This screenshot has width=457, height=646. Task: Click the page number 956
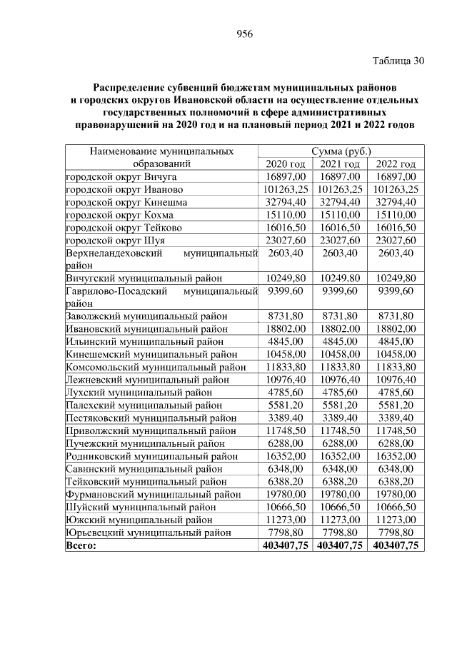245,34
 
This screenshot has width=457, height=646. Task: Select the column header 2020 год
284,163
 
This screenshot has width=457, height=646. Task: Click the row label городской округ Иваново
124,189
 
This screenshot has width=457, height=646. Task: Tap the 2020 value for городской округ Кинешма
284,202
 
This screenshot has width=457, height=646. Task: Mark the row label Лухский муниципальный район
139,392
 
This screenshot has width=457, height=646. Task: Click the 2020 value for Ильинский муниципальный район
284,341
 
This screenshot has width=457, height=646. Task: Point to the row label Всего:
81,545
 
